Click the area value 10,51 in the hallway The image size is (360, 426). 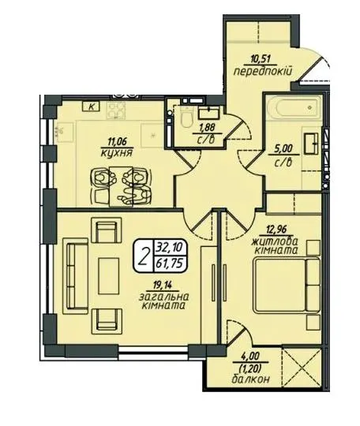click(261, 59)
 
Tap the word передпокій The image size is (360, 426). click(263, 72)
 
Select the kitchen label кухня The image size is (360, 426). click(116, 154)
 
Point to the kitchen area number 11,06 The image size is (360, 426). click(118, 141)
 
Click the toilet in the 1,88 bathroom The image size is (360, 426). click(187, 118)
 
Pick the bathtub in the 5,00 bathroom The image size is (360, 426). click(296, 108)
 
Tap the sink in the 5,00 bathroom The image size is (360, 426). click(311, 143)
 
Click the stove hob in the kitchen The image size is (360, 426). click(116, 110)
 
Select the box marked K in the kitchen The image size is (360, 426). click(92, 106)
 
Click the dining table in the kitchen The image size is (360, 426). click(121, 187)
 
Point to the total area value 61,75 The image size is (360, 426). click(171, 263)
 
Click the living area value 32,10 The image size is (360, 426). click(171, 248)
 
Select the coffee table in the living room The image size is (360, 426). click(109, 276)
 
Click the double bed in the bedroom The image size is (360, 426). click(287, 285)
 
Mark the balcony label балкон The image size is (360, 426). click(251, 379)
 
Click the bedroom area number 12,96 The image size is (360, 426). click(276, 230)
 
